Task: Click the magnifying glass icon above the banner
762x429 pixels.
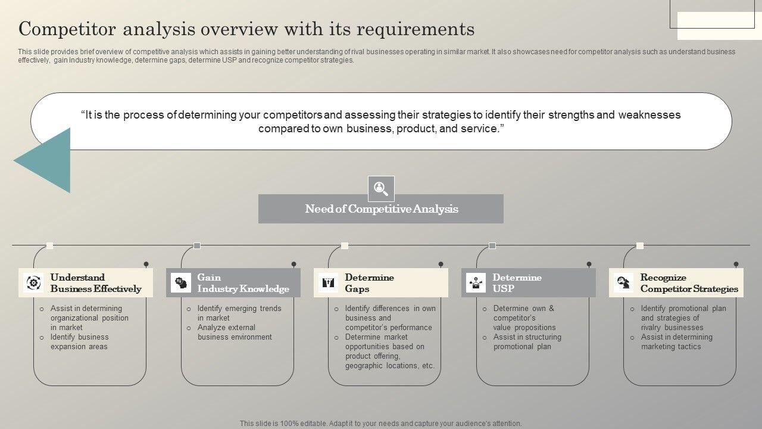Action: click(381, 189)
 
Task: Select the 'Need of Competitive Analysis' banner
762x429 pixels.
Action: click(381, 209)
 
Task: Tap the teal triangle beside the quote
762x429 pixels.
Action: click(48, 160)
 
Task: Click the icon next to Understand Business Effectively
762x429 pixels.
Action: click(33, 282)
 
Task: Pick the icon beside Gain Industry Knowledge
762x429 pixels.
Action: click(180, 282)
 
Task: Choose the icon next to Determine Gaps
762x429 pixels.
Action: click(328, 282)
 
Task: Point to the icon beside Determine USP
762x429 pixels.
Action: click(476, 282)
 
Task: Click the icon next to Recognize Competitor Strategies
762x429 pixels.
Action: click(623, 282)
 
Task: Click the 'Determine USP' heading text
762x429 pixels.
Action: click(517, 283)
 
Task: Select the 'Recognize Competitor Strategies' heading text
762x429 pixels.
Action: click(689, 283)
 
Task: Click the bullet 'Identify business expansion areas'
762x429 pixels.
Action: click(79, 342)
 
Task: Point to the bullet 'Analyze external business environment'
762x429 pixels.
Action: click(235, 332)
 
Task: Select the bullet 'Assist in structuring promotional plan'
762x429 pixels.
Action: click(527, 342)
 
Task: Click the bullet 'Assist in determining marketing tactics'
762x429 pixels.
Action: click(676, 342)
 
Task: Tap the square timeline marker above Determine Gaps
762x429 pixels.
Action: click(345, 245)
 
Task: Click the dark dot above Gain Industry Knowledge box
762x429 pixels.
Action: click(293, 264)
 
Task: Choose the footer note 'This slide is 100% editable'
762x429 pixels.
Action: click(380, 424)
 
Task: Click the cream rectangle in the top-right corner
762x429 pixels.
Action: click(711, 26)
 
